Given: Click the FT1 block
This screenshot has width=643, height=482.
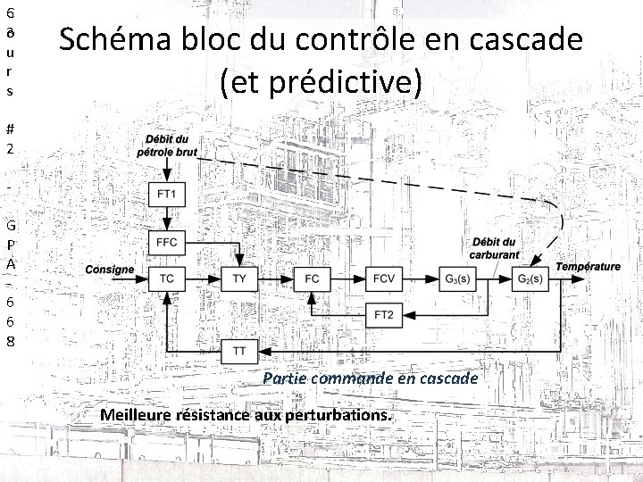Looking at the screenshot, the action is (x=167, y=195).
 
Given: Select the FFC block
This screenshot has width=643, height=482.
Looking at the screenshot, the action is (x=167, y=242).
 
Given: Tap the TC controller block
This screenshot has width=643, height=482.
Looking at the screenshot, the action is (x=167, y=278).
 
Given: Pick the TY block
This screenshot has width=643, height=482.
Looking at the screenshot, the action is (x=238, y=278).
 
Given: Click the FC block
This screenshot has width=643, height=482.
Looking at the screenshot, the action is (x=312, y=278).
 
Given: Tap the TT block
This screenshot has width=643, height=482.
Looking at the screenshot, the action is (x=238, y=351).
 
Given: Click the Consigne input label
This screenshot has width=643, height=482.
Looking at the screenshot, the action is (x=110, y=270).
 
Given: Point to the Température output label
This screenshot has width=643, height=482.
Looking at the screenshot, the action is (x=588, y=266).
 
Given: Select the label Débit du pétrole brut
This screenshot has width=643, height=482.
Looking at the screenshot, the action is (x=167, y=146).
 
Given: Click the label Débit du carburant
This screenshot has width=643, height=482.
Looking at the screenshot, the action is (x=497, y=248).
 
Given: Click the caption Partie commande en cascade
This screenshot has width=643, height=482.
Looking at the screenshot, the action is (x=370, y=378).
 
